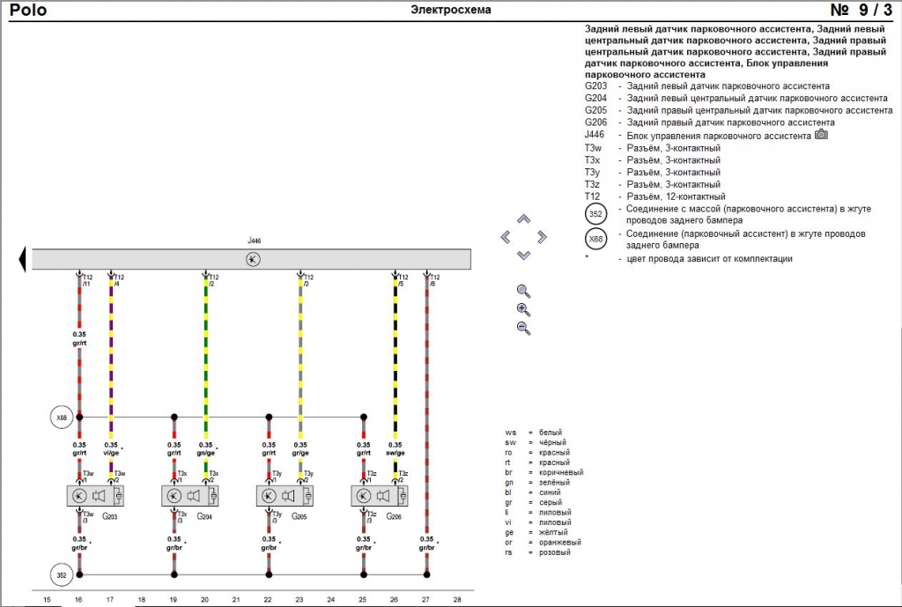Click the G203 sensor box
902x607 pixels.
click(95, 495)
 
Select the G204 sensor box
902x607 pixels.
click(190, 495)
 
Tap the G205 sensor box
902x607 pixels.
click(285, 495)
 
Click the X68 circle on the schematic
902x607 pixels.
click(61, 417)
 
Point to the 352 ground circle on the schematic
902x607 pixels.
click(61, 574)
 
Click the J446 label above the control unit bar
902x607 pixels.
click(255, 241)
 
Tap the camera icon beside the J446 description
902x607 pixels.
click(821, 135)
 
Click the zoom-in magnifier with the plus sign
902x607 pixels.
click(523, 309)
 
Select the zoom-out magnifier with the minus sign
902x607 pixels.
click(523, 328)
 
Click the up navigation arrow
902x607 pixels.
click(523, 218)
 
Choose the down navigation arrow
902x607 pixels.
click(523, 255)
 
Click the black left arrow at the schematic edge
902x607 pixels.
click(21, 259)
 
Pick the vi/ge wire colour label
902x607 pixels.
click(111, 453)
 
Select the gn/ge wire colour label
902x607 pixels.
click(205, 453)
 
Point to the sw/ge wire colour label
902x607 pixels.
click(395, 453)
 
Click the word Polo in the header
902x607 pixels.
click(29, 11)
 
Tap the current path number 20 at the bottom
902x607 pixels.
click(205, 599)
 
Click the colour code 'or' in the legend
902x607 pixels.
click(510, 543)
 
